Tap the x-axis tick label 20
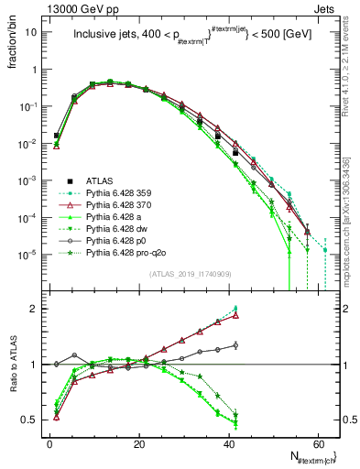coord(138,442)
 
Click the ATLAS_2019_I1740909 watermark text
coord(182,276)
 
